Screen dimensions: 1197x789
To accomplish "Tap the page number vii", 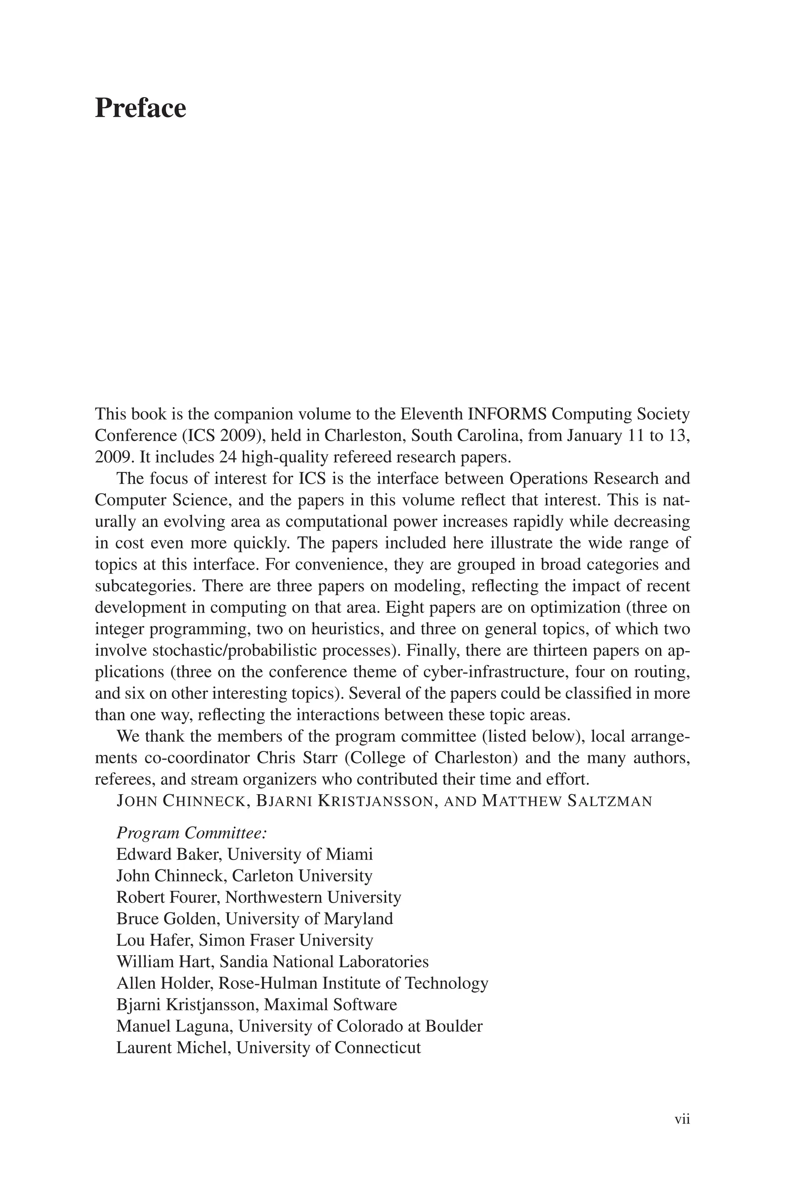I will coord(682,1120).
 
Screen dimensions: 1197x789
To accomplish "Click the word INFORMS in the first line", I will coord(508,414).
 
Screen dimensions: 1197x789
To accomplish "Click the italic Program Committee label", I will coord(191,833).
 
